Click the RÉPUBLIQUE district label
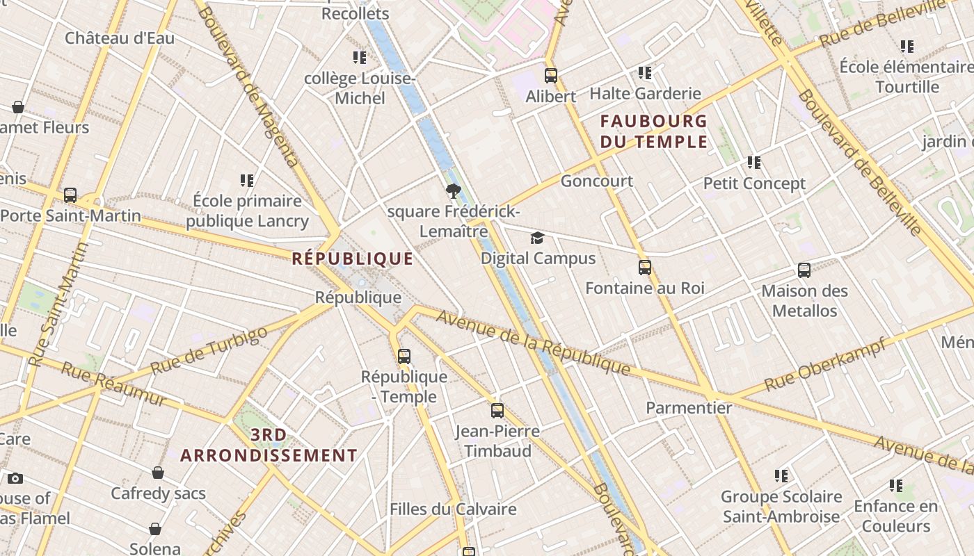pos(352,259)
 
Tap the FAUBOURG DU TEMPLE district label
pos(654,131)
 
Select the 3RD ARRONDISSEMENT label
pos(269,445)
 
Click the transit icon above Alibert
pos(551,76)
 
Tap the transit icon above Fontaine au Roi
pos(645,268)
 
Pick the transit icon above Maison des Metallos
pos(804,270)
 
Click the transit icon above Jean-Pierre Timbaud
pos(497,411)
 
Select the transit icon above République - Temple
pos(404,357)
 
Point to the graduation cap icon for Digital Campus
pos(537,238)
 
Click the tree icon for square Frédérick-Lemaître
pos(454,191)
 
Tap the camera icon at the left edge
pos(15,478)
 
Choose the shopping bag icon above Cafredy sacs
pos(158,473)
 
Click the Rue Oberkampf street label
pos(825,364)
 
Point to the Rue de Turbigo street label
pos(209,351)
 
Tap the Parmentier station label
pos(689,408)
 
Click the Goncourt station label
pos(597,181)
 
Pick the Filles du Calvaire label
pos(453,509)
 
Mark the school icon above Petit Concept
pos(754,163)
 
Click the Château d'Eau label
pos(120,38)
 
